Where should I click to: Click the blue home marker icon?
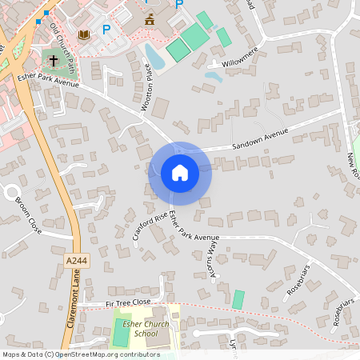click(x=180, y=173)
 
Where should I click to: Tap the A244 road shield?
click(x=76, y=261)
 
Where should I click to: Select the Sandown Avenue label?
click(x=259, y=142)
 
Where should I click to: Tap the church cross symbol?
click(x=54, y=60)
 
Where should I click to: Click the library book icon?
click(x=84, y=34)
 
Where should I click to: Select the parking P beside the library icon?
click(x=106, y=30)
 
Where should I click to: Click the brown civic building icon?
click(x=150, y=19)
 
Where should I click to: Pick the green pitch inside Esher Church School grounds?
click(x=120, y=332)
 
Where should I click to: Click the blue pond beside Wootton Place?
click(x=153, y=56)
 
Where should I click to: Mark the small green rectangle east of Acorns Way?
click(x=238, y=299)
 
